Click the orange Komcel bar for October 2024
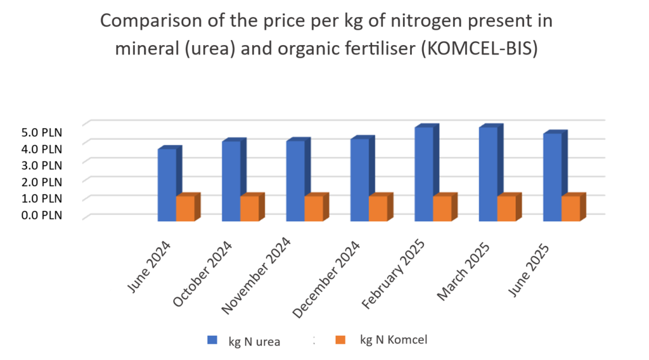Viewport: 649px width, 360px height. (249, 209)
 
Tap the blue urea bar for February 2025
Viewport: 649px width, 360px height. (423, 174)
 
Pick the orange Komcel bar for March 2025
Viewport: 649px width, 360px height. (506, 209)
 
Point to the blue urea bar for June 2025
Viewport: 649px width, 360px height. (552, 177)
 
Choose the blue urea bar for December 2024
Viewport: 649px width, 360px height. (359, 179)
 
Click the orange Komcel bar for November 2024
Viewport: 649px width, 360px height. (313, 209)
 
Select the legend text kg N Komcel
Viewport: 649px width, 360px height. (394, 340)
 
